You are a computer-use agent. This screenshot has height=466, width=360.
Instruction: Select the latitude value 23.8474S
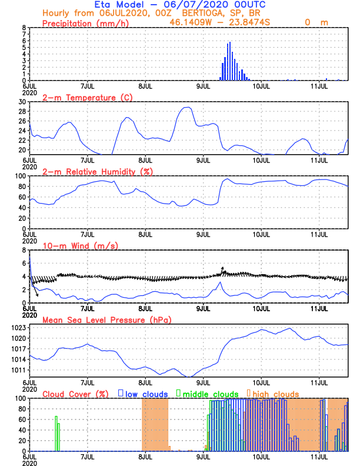pyautogui.click(x=251, y=22)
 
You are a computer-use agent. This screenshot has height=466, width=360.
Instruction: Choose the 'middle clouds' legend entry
pyautogui.click(x=211, y=394)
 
